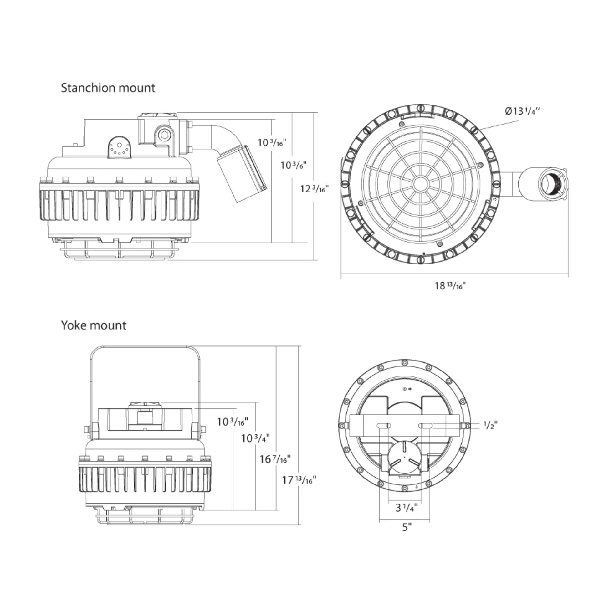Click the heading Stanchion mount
108,88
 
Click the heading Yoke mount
94,325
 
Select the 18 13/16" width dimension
450,286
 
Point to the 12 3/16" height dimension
314,189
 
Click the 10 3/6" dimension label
294,165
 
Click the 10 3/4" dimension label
255,438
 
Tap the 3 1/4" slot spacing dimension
406,508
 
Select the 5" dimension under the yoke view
407,527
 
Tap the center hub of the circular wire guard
419,183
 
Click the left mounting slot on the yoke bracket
384,426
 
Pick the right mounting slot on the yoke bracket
426,426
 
